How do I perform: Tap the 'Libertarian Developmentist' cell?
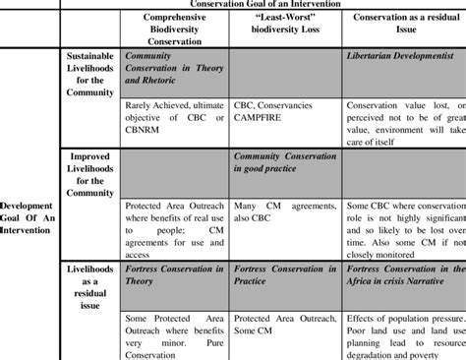coord(403,57)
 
